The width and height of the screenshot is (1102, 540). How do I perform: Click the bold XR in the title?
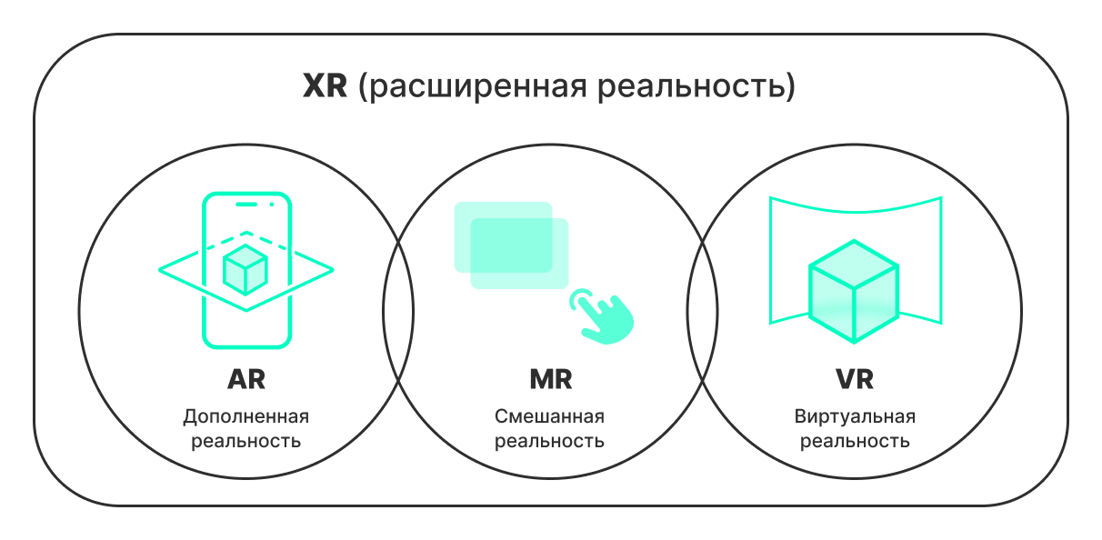pyautogui.click(x=325, y=88)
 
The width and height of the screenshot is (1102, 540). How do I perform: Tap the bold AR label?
pyautogui.click(x=245, y=378)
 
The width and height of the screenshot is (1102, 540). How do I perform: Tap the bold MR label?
pyautogui.click(x=550, y=378)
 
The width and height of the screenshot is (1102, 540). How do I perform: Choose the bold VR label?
pyautogui.click(x=854, y=378)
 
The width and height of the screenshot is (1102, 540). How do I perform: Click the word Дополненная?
pyautogui.click(x=245, y=417)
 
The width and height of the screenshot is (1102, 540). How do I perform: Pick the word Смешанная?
pyautogui.click(x=550, y=417)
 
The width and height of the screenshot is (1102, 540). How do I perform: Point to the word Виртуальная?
pyautogui.click(x=854, y=417)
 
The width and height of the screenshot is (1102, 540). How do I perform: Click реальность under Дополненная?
pyautogui.click(x=245, y=442)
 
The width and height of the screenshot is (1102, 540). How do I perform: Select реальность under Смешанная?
pyautogui.click(x=550, y=442)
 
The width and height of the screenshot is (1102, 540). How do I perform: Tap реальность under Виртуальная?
pyautogui.click(x=854, y=442)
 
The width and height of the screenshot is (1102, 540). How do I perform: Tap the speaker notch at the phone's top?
pyautogui.click(x=246, y=205)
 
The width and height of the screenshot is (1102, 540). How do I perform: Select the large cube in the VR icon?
pyautogui.click(x=853, y=291)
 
